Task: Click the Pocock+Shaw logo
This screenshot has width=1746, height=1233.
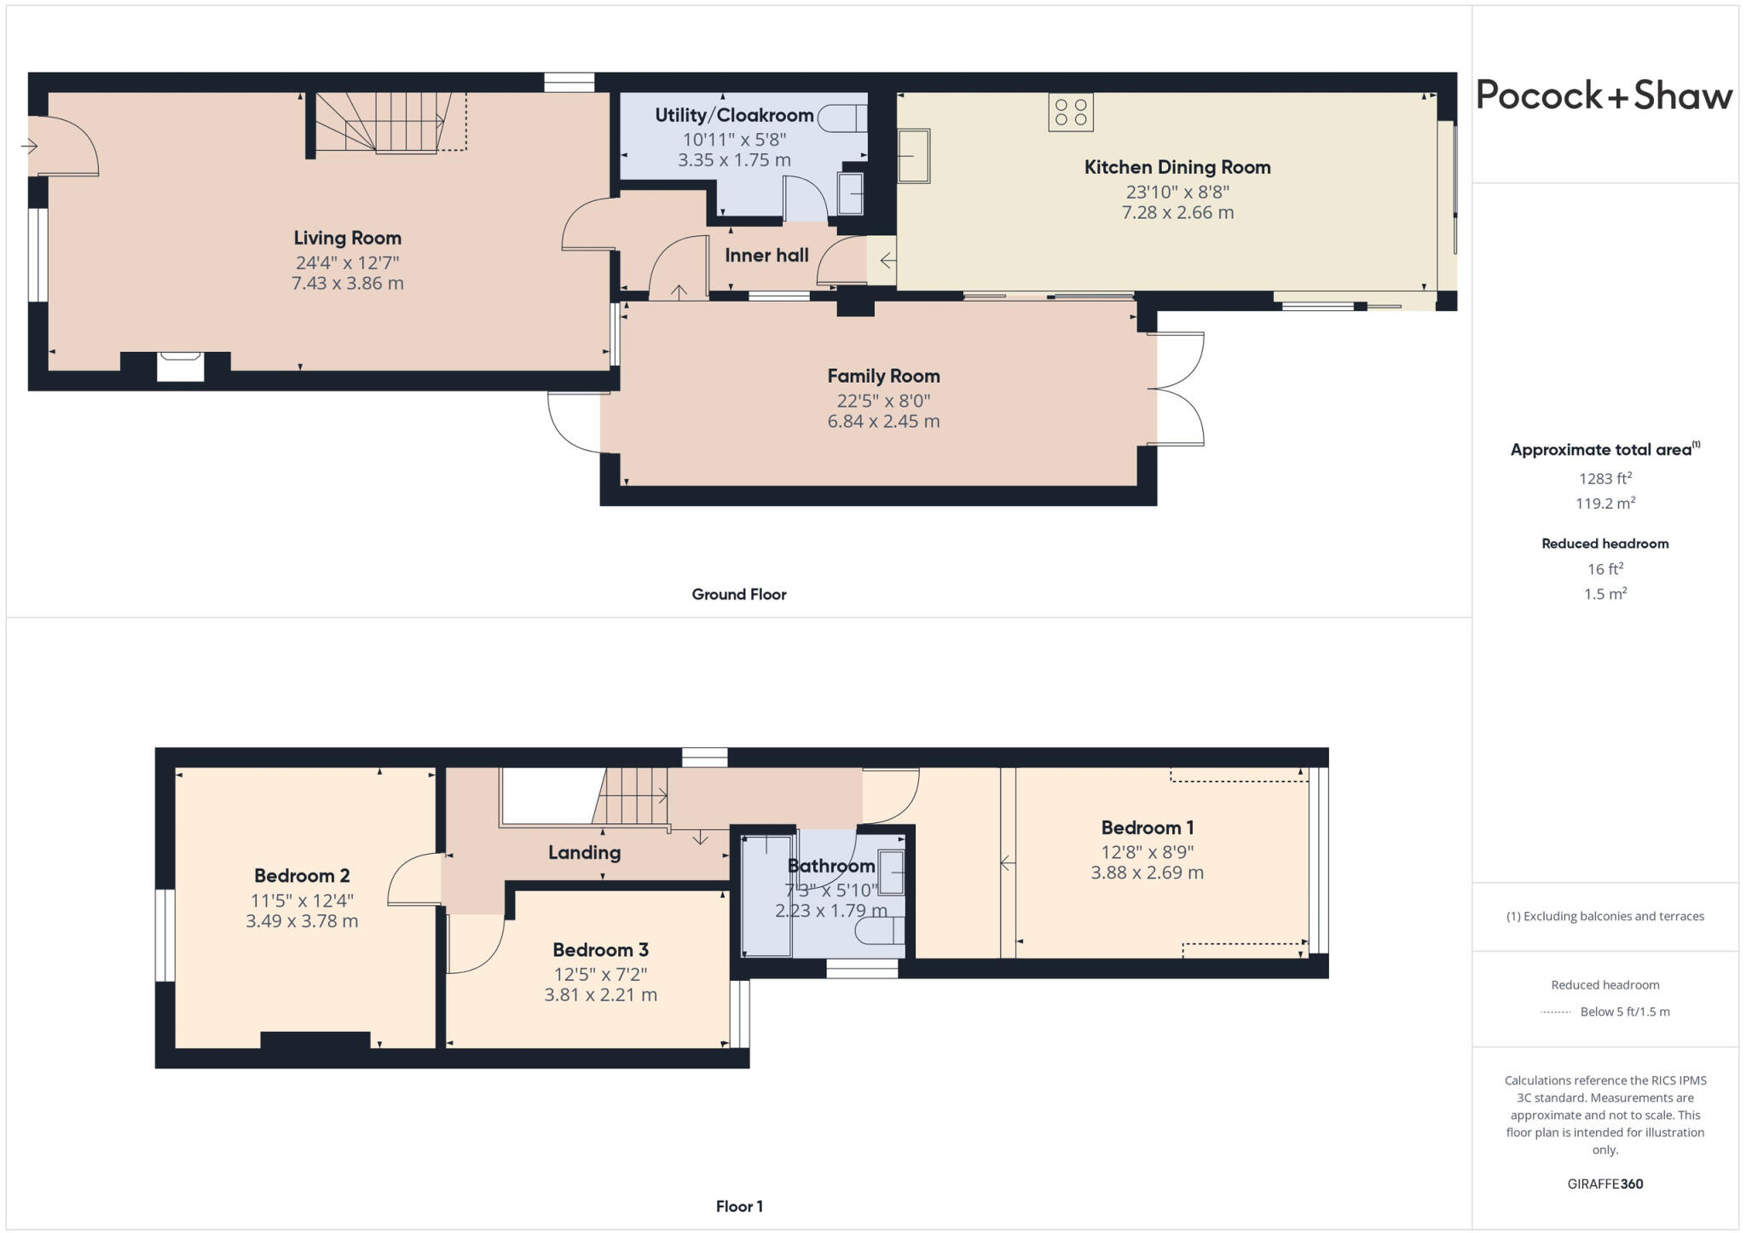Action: (1604, 95)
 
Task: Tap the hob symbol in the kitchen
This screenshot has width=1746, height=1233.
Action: (1070, 112)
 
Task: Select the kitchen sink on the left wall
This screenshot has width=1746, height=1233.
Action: (914, 156)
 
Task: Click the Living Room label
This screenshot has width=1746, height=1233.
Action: (347, 239)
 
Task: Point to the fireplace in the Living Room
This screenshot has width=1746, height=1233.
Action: (181, 366)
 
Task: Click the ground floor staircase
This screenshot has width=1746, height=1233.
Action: (384, 124)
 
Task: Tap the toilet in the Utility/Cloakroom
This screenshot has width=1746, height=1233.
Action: (842, 118)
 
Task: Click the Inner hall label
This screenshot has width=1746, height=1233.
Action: (766, 256)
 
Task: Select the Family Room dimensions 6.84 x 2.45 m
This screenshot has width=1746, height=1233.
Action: (883, 422)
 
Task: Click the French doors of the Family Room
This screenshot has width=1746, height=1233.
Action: (1177, 389)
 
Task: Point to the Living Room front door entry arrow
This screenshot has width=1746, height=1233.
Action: (30, 147)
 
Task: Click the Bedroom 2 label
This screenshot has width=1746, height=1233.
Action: (302, 876)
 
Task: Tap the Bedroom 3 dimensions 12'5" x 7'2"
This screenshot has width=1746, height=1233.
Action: (600, 974)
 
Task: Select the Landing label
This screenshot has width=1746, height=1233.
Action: (584, 852)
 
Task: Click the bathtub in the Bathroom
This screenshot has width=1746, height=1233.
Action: (766, 895)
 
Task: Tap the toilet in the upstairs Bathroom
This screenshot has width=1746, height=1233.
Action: (878, 931)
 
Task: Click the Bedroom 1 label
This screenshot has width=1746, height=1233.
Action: (1147, 827)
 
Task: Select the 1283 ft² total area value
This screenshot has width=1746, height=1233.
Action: (1604, 479)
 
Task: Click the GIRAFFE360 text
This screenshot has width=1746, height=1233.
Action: (1604, 1184)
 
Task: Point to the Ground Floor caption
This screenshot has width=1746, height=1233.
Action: (738, 595)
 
